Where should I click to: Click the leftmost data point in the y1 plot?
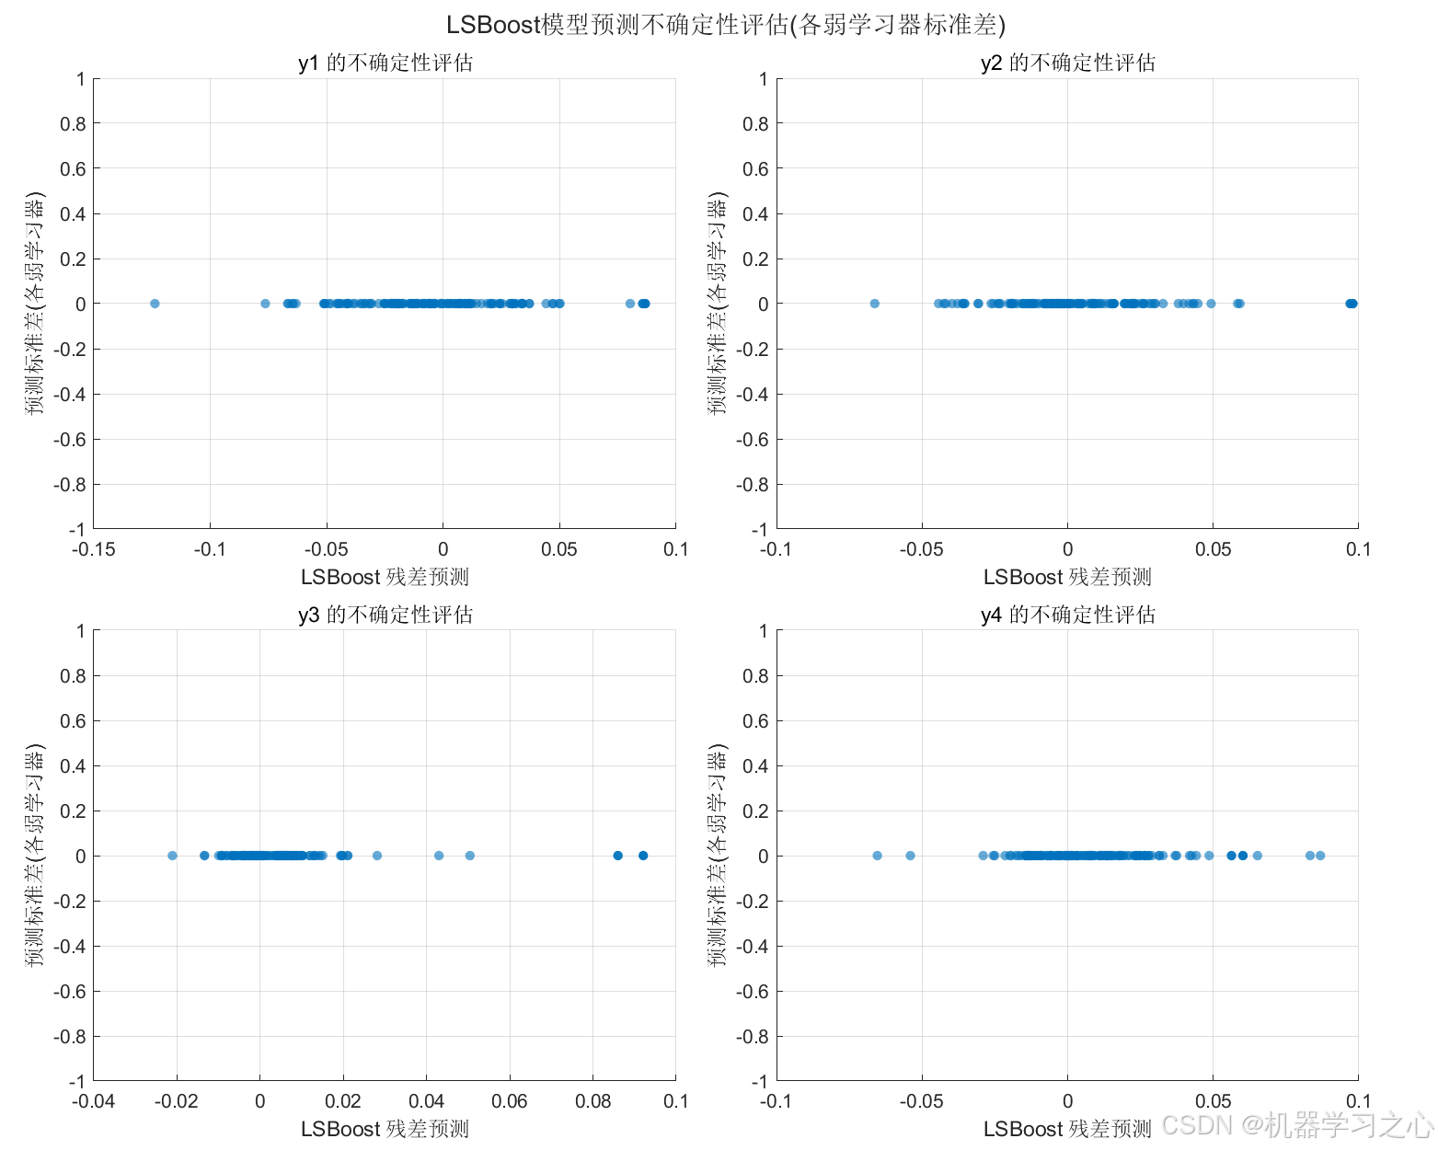click(x=155, y=304)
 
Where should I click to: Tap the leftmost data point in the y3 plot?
click(x=172, y=855)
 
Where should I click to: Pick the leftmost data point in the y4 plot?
click(x=877, y=855)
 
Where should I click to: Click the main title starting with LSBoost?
click(x=725, y=25)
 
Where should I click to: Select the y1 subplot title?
click(x=385, y=63)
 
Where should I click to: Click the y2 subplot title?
click(x=1067, y=63)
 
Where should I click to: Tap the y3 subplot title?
click(x=385, y=614)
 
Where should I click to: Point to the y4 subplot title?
click(x=1067, y=614)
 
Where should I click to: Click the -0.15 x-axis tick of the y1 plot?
click(x=94, y=549)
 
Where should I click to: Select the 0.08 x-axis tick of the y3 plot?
click(x=592, y=1100)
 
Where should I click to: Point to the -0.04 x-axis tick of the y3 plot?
click(x=94, y=1100)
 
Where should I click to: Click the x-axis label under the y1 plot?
click(x=385, y=577)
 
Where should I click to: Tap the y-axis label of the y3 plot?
click(x=35, y=855)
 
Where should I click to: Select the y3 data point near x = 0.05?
click(x=470, y=855)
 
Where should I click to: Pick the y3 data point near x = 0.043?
click(x=438, y=855)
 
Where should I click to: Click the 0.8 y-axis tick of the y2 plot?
click(x=755, y=123)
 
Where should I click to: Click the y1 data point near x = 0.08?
click(x=629, y=304)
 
